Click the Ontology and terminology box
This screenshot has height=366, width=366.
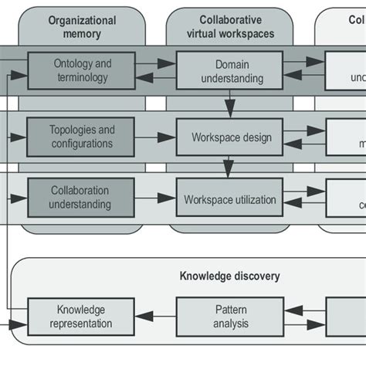click(x=81, y=70)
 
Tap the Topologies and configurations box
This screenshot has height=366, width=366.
click(x=81, y=137)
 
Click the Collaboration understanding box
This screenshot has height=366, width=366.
click(x=81, y=198)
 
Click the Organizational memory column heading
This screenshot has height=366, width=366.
click(x=82, y=28)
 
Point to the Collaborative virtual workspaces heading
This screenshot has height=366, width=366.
click(x=230, y=28)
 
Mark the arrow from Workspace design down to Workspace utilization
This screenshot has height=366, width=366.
click(x=229, y=168)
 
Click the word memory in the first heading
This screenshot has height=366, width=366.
click(x=82, y=34)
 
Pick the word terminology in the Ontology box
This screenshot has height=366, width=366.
click(x=81, y=77)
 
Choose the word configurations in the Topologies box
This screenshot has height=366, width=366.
click(x=81, y=144)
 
